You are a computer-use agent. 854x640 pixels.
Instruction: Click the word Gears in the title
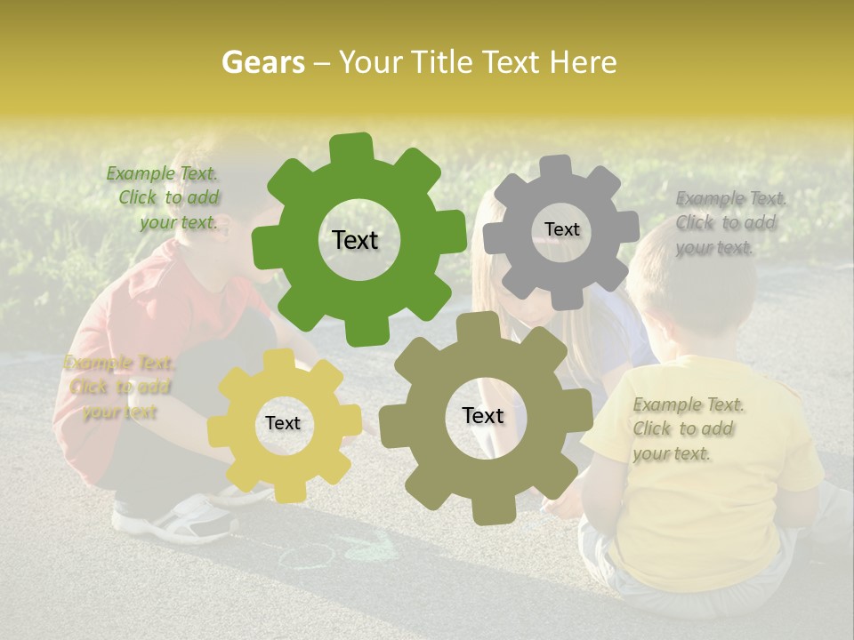point(262,62)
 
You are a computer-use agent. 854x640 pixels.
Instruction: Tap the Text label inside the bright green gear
point(355,240)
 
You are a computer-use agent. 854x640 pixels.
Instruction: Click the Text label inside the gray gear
point(561,229)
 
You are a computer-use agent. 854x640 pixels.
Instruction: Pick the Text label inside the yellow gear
point(283,423)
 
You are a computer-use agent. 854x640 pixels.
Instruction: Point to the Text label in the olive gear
point(482,415)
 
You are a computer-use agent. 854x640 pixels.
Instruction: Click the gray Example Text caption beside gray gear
point(729,222)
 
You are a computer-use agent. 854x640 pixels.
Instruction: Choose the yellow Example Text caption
point(118,387)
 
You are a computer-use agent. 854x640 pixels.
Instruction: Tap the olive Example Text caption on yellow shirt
point(687,428)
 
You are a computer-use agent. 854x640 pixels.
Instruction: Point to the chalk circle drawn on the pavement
point(307,556)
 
